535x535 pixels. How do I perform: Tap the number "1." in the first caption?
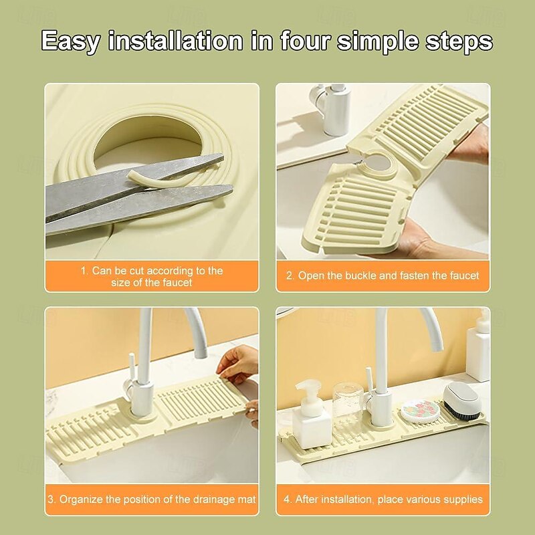coord(85,271)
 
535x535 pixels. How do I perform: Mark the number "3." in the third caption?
coord(51,499)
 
